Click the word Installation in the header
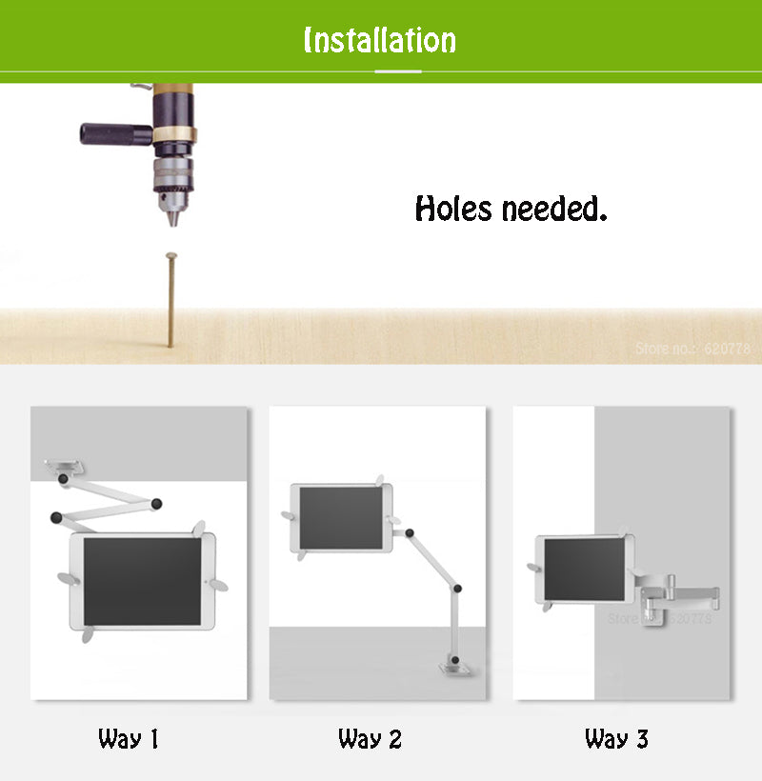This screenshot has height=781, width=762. point(379,40)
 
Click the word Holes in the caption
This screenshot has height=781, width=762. point(454,209)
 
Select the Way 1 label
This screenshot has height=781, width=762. point(128,738)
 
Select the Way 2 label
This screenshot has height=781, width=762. point(370,738)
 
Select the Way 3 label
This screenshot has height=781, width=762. point(616,738)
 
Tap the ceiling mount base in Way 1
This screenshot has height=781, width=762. point(65,466)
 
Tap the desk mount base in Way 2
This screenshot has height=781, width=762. point(454,671)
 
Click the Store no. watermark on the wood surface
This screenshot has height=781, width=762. point(692,349)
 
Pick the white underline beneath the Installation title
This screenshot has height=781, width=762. point(379,71)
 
